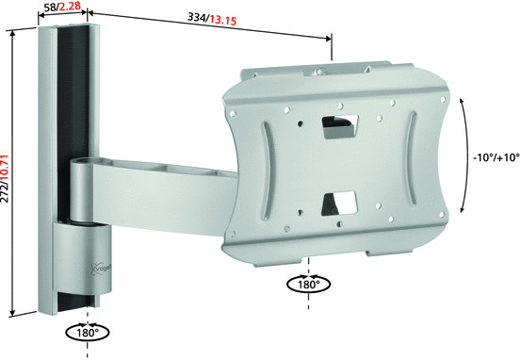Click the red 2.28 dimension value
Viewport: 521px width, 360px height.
70,6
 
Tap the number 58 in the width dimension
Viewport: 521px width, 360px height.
50,8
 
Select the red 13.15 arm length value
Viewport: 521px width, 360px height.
223,21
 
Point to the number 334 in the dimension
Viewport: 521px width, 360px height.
197,17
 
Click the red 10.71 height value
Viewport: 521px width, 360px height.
5,169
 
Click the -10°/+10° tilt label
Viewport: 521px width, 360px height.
497,157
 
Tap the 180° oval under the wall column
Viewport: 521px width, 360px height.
88,333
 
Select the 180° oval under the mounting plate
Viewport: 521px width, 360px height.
309,285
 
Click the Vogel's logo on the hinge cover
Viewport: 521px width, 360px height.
101,269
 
